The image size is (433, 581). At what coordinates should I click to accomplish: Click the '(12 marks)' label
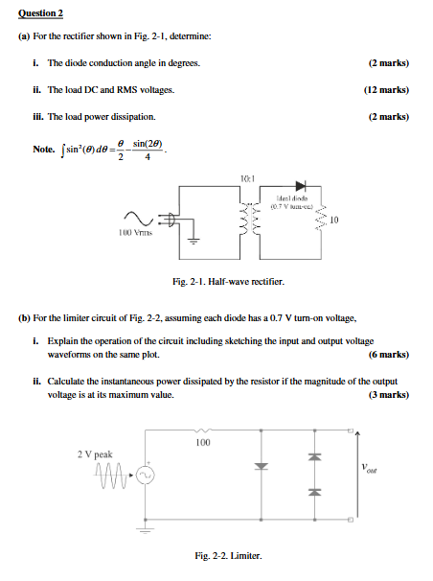pos(386,89)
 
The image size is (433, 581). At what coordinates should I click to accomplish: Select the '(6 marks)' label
pos(389,354)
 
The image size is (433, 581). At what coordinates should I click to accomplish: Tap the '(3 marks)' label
pos(389,395)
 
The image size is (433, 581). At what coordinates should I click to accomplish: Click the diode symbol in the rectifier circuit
pos(301,186)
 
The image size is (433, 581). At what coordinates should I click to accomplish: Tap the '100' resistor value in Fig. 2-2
pos(202,444)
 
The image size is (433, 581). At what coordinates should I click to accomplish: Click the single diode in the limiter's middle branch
pos(258,467)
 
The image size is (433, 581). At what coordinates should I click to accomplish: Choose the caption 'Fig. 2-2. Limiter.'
pos(227,557)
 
